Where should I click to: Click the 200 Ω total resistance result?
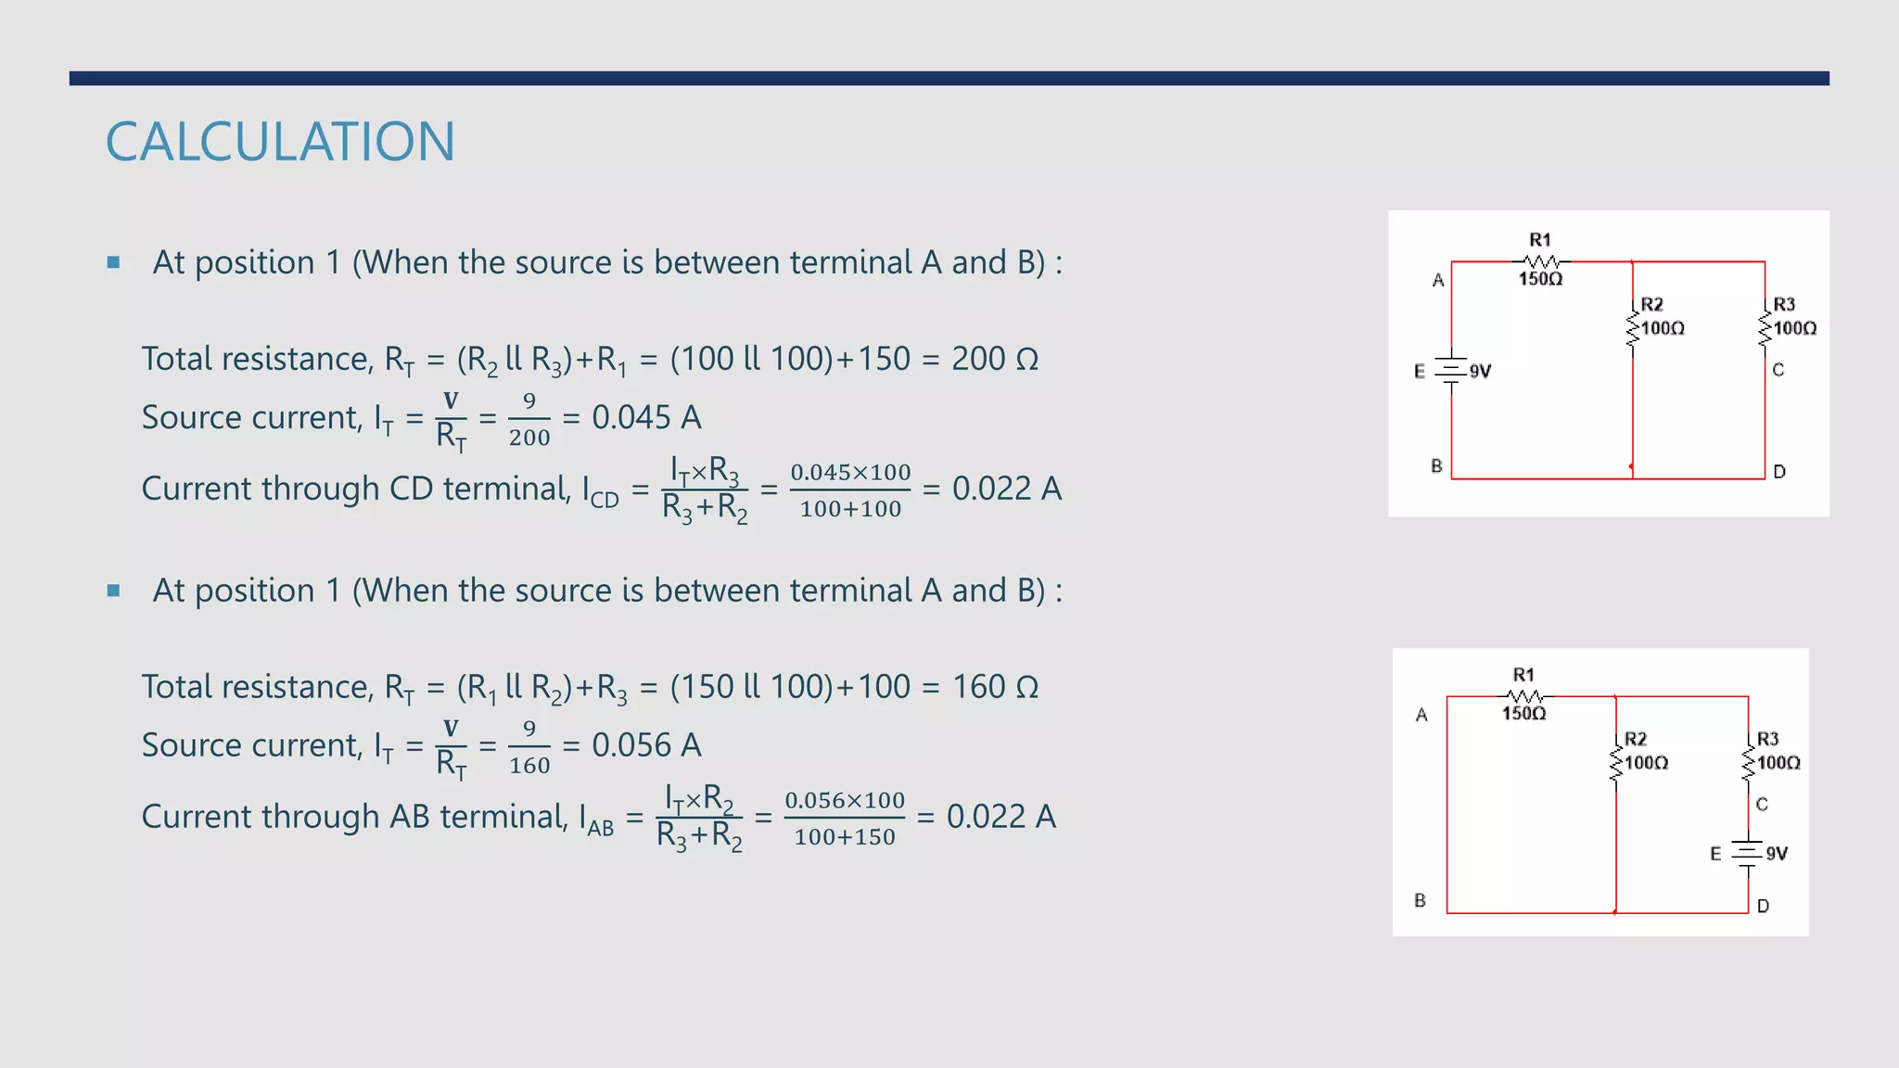[x=994, y=359]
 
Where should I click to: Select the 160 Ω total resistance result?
[x=994, y=687]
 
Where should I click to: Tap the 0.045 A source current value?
[x=646, y=417]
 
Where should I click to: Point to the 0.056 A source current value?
[x=646, y=745]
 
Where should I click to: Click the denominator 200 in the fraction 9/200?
[x=529, y=438]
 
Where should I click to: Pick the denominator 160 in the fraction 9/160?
[x=529, y=766]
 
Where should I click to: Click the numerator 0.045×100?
[x=850, y=472]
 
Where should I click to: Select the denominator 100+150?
[x=845, y=837]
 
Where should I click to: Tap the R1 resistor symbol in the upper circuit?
[x=1541, y=261]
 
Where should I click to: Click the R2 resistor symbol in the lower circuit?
[x=1616, y=763]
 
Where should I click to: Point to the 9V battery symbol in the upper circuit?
[x=1452, y=371]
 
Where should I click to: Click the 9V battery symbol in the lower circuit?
[x=1748, y=854]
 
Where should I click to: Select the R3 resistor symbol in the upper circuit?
[x=1765, y=328]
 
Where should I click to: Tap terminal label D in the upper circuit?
[x=1779, y=471]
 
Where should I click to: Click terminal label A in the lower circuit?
[x=1421, y=715]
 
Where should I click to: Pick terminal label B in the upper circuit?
[x=1436, y=465]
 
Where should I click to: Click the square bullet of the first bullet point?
[x=113, y=262]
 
